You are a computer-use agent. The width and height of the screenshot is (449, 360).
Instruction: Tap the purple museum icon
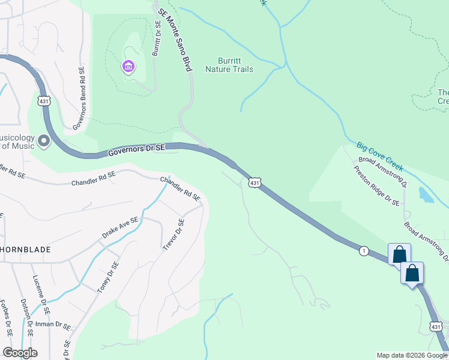[x=128, y=66]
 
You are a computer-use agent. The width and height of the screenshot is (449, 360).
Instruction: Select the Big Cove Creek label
[x=379, y=157]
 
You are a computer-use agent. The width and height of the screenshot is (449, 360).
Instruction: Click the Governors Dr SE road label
[x=137, y=151]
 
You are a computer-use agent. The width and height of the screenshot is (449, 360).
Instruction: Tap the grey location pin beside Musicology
[x=43, y=141]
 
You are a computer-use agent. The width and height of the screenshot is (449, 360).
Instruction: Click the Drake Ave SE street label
[x=120, y=229]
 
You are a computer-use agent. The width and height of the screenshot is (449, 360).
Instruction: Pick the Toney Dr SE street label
[x=108, y=277]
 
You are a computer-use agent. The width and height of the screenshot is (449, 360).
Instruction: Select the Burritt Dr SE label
[x=157, y=38]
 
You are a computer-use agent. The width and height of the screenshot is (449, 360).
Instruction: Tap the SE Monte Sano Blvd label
[x=175, y=40]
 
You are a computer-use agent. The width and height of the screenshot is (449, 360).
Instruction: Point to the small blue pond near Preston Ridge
[x=425, y=194]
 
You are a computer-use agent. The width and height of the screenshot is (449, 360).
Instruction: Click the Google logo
[x=20, y=353]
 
